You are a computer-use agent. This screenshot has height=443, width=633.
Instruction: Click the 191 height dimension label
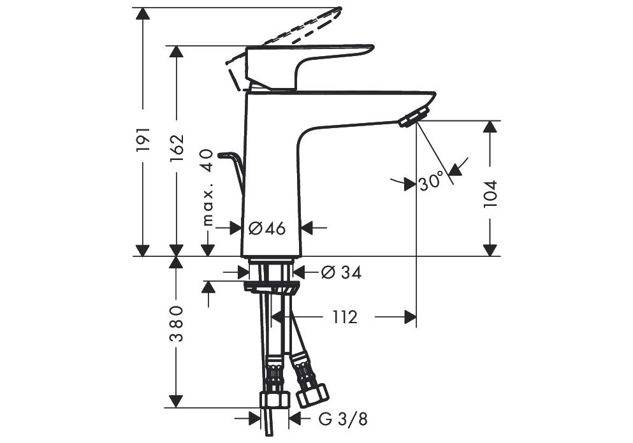[x=143, y=140]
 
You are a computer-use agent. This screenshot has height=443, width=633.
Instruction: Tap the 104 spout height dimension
[x=490, y=194]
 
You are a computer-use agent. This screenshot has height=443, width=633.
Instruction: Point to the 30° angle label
[x=431, y=182]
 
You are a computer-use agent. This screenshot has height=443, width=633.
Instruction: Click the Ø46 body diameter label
[x=267, y=229]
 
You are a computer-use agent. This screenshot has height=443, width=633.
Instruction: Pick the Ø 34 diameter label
[x=342, y=273]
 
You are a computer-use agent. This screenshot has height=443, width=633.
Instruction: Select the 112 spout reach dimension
[x=346, y=317]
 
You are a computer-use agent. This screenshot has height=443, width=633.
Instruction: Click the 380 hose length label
[x=176, y=323]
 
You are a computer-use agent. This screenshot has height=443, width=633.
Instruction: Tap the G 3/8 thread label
[x=343, y=419]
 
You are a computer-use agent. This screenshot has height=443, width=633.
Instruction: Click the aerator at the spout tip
[x=413, y=117]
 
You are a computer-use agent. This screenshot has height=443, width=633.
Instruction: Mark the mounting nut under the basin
[x=272, y=287]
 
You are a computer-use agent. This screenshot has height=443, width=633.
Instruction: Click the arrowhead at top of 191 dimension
[x=143, y=13]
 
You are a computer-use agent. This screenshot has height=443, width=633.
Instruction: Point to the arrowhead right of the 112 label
[x=410, y=317]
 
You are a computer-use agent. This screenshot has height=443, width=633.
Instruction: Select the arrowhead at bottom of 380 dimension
[x=176, y=402]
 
